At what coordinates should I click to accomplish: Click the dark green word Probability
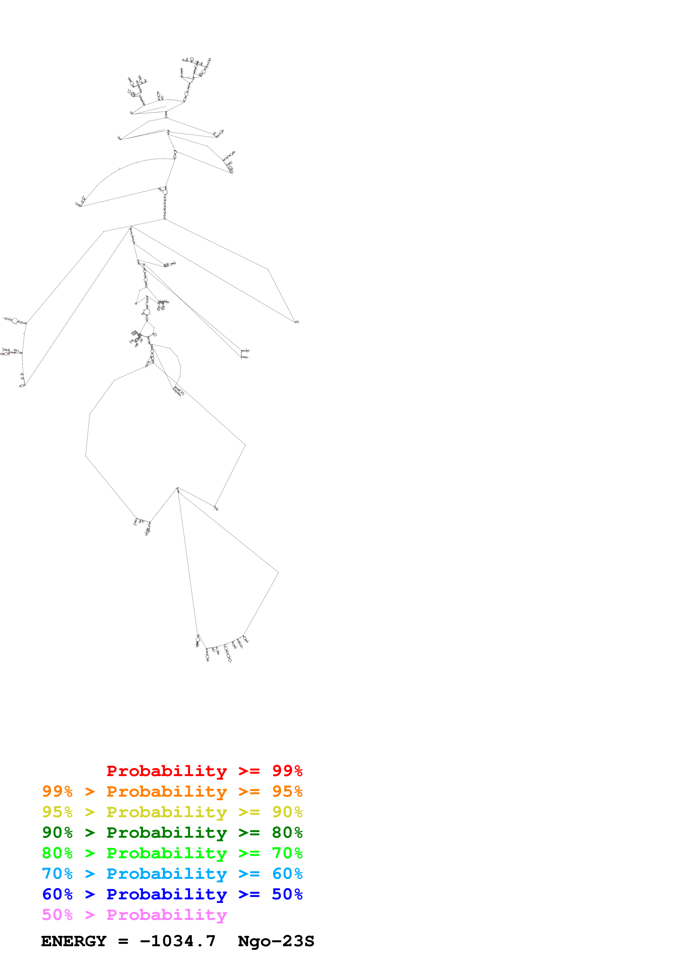tap(167, 833)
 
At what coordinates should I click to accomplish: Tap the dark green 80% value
tap(287, 833)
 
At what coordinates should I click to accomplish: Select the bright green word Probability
tap(167, 853)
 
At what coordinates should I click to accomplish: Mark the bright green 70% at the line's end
tap(287, 853)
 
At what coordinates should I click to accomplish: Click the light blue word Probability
tap(167, 874)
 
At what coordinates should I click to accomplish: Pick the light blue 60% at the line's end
tap(287, 874)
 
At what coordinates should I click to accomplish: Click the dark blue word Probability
tap(167, 894)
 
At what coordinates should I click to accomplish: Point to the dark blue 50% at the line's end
tap(287, 894)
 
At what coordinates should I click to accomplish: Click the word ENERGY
tap(74, 941)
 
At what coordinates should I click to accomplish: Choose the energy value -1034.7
tap(178, 941)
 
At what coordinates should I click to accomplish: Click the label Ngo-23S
tap(276, 941)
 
